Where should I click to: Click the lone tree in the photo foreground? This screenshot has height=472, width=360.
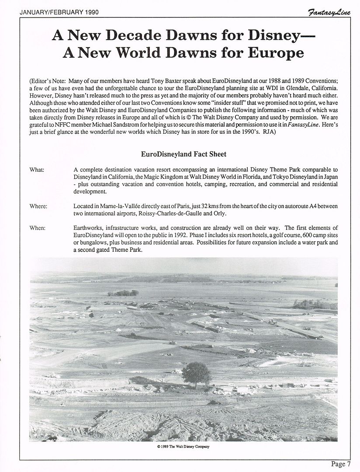(x=195, y=371)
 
